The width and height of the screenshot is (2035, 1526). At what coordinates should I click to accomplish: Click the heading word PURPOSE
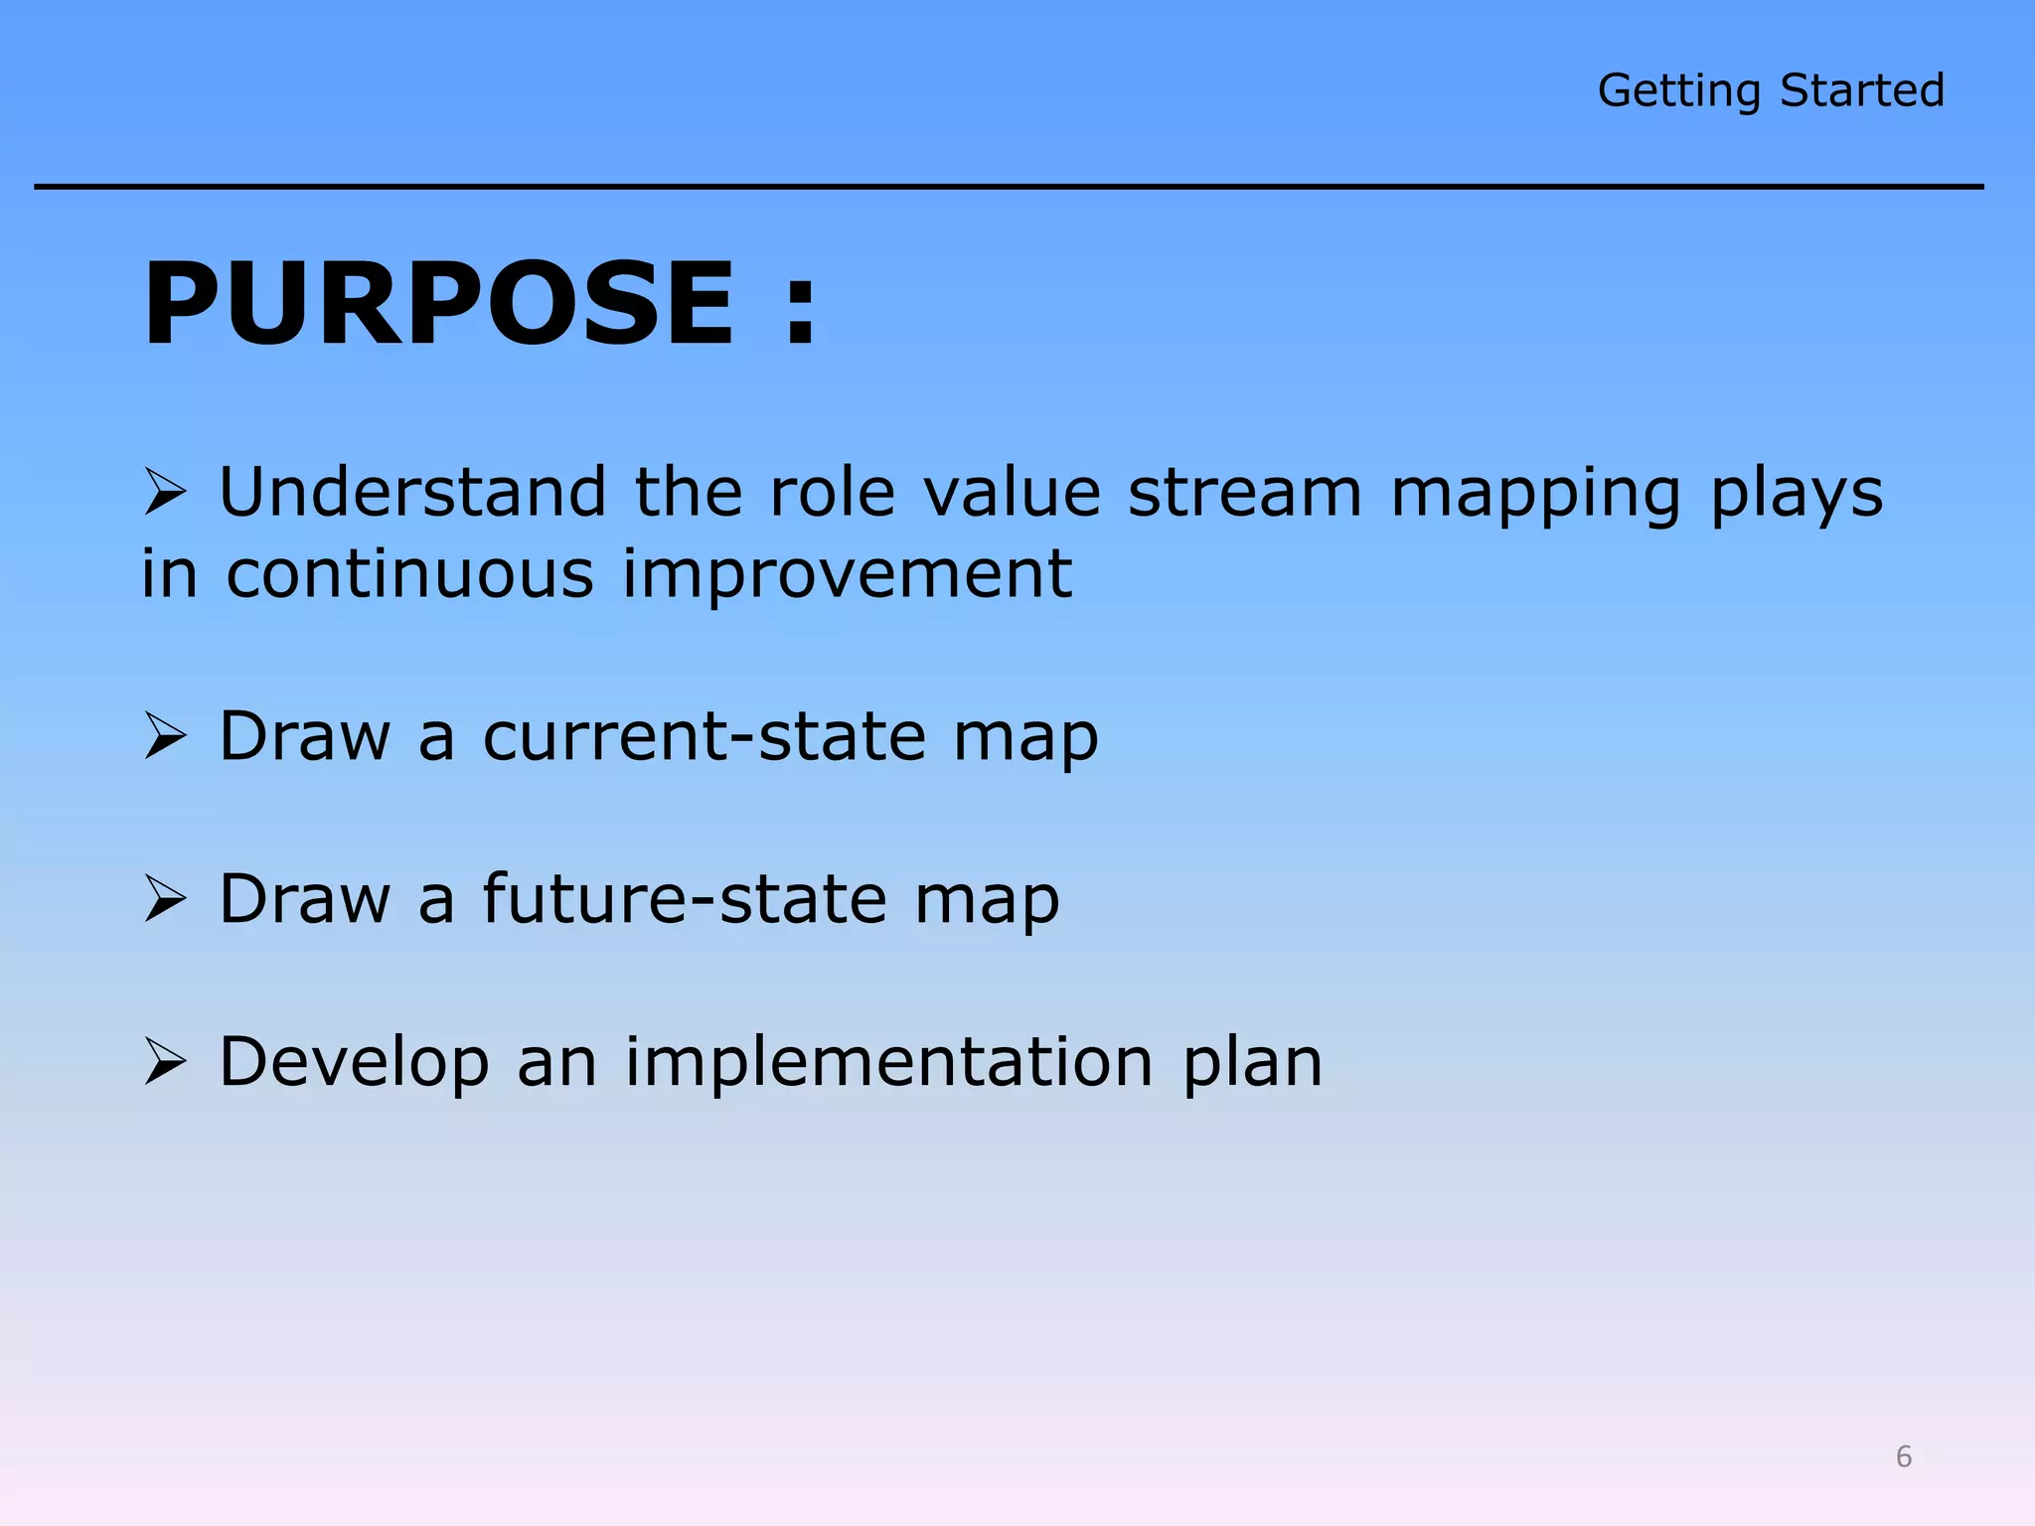[438, 303]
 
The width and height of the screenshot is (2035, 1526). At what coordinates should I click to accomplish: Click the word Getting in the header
[1678, 91]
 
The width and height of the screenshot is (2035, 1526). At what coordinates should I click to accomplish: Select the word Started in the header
[1861, 90]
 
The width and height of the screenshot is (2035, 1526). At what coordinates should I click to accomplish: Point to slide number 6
[1903, 1456]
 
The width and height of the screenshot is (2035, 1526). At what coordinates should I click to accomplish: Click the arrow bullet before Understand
[165, 493]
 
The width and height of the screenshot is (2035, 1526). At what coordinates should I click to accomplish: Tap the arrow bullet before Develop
[165, 1062]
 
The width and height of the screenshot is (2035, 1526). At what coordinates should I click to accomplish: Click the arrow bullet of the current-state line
[165, 736]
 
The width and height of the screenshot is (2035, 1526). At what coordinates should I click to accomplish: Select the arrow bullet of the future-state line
[165, 899]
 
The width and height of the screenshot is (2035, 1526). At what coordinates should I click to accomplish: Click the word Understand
[412, 492]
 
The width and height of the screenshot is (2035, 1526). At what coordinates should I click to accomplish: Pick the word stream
[1244, 492]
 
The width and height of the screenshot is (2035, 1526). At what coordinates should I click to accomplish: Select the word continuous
[409, 574]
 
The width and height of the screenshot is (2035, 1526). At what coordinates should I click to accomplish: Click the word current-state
[704, 736]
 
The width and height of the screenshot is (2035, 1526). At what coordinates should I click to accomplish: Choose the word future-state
[685, 899]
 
